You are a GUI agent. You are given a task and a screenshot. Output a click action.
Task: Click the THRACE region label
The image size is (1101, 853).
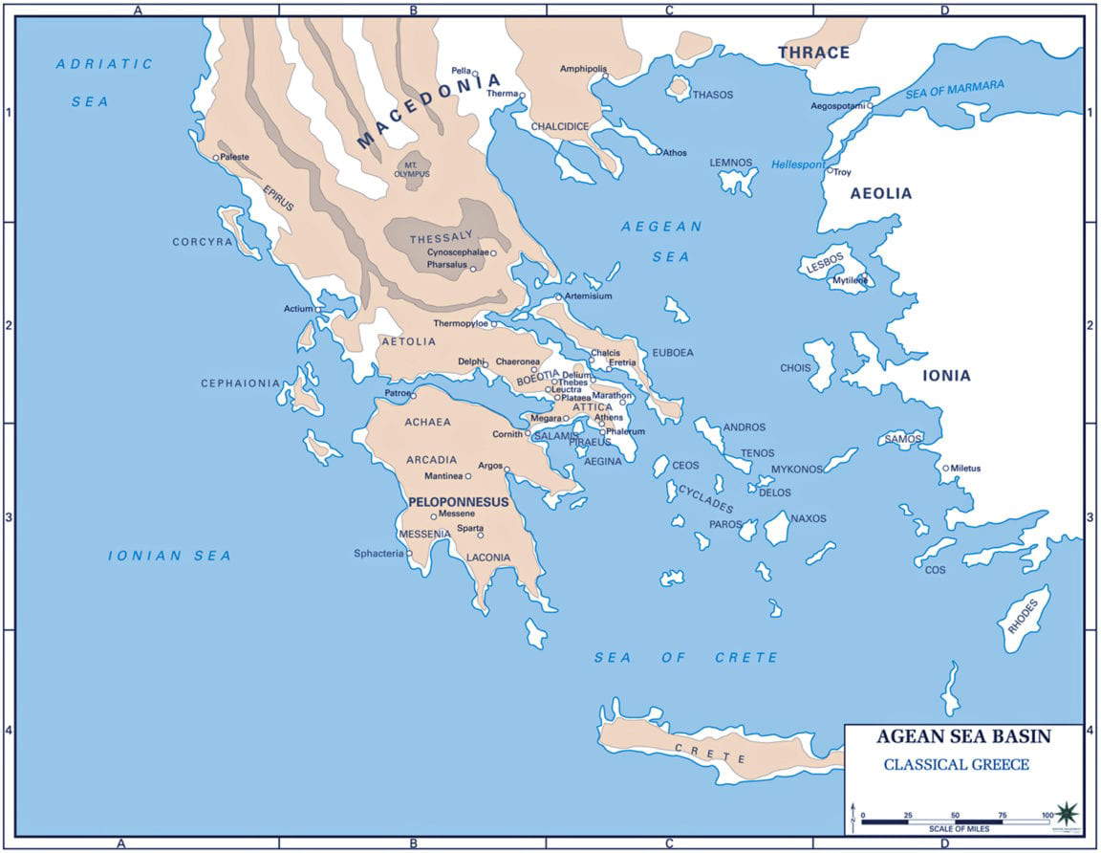click(x=812, y=53)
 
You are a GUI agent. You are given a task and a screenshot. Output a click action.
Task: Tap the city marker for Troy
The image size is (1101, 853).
click(x=830, y=171)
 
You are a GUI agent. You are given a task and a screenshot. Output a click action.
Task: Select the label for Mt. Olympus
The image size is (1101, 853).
click(x=415, y=169)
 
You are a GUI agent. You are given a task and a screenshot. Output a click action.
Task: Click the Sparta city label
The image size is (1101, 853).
click(x=469, y=528)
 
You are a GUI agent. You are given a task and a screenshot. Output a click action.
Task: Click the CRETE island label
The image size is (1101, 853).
click(x=710, y=753)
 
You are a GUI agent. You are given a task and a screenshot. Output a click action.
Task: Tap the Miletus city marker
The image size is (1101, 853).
click(x=945, y=469)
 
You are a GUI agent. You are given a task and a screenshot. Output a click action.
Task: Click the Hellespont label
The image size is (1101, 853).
click(x=798, y=164)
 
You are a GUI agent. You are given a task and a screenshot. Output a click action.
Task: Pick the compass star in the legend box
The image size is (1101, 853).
click(x=1067, y=813)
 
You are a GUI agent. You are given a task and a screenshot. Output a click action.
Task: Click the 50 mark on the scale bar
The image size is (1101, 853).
click(x=955, y=814)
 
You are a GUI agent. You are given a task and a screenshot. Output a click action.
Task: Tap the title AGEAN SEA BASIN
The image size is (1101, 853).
click(x=963, y=737)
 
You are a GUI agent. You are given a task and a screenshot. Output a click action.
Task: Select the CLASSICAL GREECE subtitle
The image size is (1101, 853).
click(x=956, y=764)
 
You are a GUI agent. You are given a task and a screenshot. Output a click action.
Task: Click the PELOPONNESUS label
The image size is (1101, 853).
click(x=458, y=501)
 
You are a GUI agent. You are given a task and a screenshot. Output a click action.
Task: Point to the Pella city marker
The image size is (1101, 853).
click(x=475, y=73)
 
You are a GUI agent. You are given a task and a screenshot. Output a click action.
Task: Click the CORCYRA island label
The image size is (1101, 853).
click(x=203, y=242)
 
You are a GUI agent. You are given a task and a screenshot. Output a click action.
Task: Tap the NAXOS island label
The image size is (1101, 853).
click(x=808, y=518)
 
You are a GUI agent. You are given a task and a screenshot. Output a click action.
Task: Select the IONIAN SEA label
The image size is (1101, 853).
click(x=169, y=556)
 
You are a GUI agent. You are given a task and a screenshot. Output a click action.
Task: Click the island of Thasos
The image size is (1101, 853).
click(x=679, y=88)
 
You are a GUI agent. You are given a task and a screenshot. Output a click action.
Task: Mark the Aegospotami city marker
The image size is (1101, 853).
click(x=870, y=106)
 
